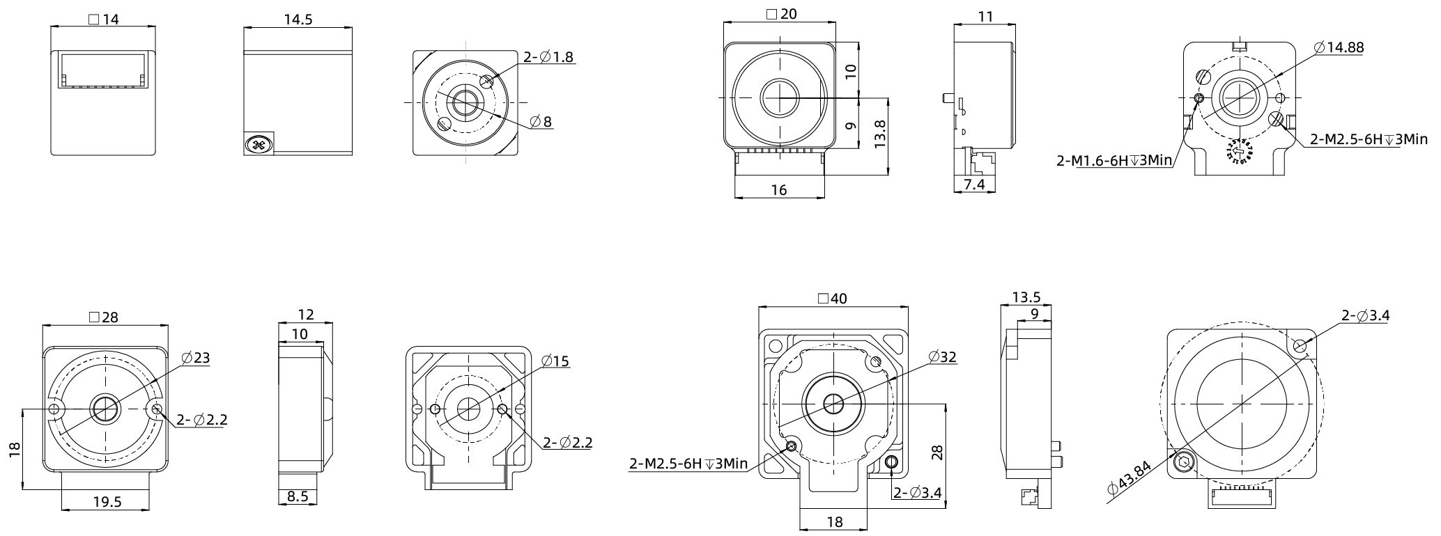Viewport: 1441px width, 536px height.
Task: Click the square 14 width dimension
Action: pos(104,19)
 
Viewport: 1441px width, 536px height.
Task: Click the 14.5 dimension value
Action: pos(298,19)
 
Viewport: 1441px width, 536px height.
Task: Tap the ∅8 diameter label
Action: pos(541,122)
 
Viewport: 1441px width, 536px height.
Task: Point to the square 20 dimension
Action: pos(780,14)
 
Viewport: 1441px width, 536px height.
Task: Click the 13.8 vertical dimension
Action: pos(880,134)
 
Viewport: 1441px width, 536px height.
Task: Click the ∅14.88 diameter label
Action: pos(1338,47)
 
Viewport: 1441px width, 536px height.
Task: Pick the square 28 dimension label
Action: pos(104,317)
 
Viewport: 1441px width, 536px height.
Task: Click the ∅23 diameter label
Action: pos(195,358)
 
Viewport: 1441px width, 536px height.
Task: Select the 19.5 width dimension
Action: pos(107,501)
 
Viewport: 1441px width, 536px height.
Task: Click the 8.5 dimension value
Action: pos(298,496)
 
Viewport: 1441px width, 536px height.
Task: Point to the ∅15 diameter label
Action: pos(555,361)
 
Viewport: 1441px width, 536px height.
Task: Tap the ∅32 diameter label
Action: pos(942,357)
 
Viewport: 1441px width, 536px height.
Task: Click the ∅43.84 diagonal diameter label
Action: pos(1129,479)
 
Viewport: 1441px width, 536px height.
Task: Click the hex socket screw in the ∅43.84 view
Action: pos(1183,462)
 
